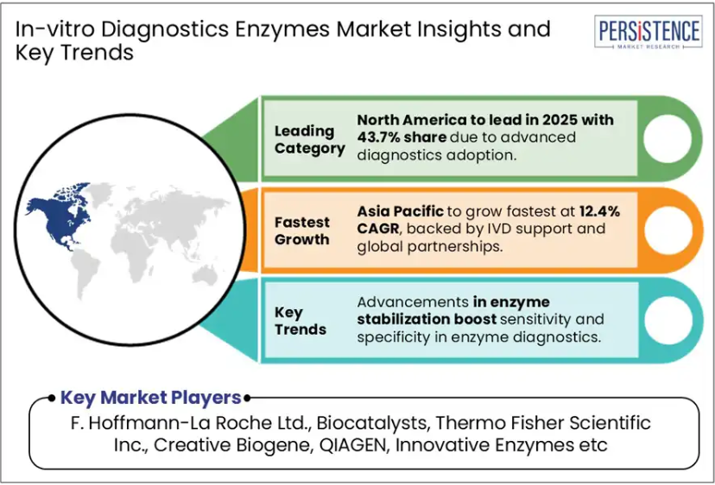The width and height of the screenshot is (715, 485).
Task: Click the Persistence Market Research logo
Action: tap(648, 31)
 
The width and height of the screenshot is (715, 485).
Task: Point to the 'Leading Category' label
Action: tap(310, 140)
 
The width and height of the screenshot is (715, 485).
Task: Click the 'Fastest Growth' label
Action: tap(302, 230)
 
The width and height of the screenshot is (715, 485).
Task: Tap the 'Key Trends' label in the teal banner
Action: tap(300, 321)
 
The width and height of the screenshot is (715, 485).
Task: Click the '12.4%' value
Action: tap(600, 211)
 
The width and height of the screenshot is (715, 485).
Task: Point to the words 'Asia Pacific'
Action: tap(400, 211)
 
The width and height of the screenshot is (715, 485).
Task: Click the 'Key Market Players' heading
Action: tap(150, 398)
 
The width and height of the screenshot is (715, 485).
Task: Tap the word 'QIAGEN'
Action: tap(352, 444)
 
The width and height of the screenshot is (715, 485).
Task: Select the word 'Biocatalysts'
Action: tap(371, 423)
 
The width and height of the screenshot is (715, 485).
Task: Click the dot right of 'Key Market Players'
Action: tap(247, 399)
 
